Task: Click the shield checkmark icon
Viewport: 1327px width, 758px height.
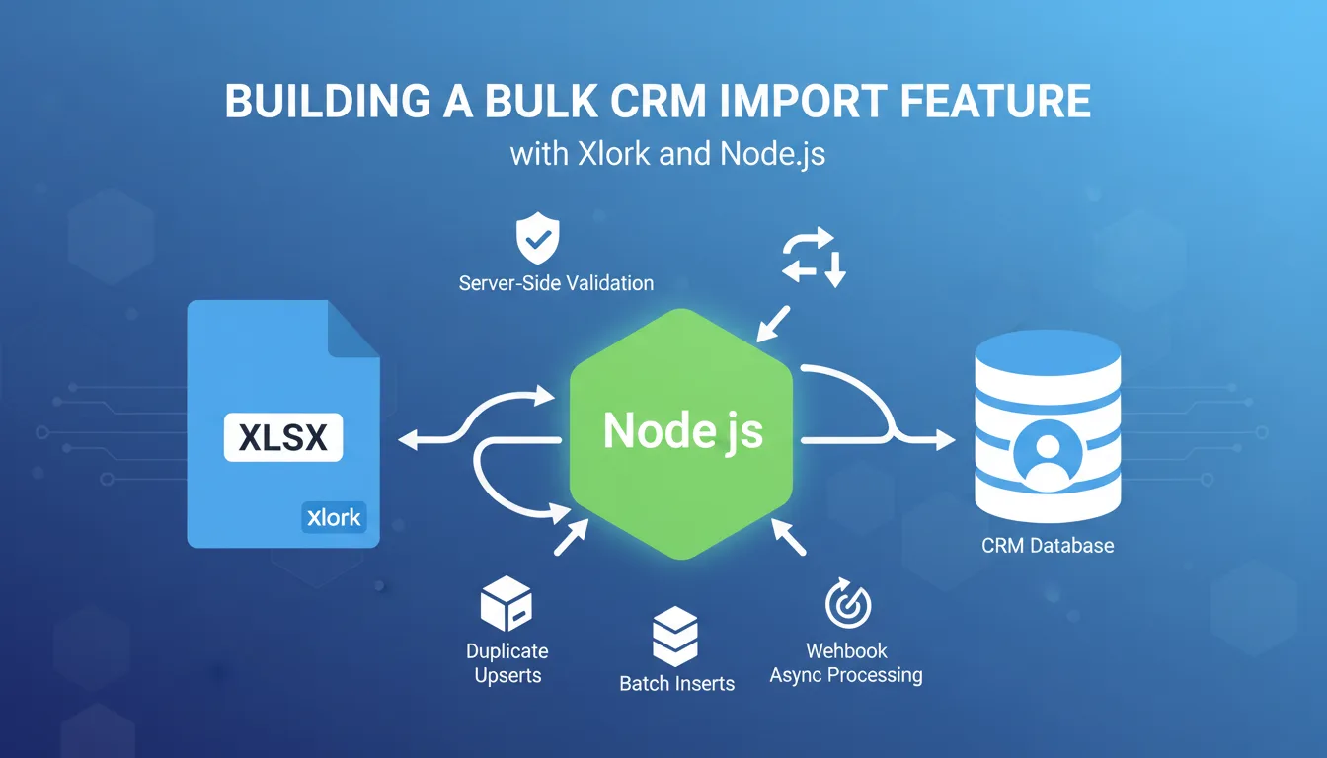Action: tap(538, 241)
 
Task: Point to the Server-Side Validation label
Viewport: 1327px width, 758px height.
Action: tap(556, 283)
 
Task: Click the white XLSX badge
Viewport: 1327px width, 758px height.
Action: tap(283, 437)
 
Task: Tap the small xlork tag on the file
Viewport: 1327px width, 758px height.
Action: tap(334, 517)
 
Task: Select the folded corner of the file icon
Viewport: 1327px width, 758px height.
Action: tap(353, 330)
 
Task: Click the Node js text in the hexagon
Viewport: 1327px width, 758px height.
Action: tap(682, 431)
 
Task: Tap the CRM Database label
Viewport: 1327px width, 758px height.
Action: tap(1048, 545)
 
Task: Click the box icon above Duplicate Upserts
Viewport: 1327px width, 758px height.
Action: tap(506, 604)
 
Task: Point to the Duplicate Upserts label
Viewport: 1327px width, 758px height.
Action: tap(507, 663)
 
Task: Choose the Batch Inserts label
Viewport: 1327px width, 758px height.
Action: tap(676, 683)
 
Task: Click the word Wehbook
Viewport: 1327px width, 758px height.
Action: tap(846, 650)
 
